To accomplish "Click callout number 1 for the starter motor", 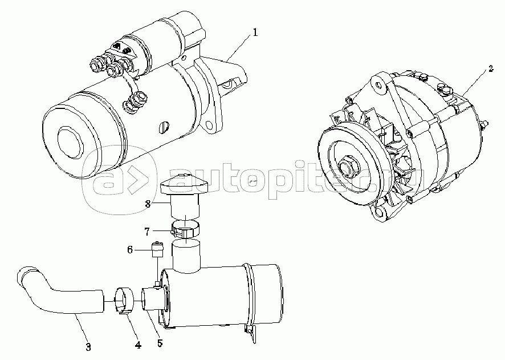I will tap(255, 33).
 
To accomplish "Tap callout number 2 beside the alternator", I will tap(490, 70).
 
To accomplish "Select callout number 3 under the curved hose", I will tap(88, 347).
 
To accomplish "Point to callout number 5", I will tap(160, 343).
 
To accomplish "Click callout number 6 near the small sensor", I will tap(130, 250).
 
